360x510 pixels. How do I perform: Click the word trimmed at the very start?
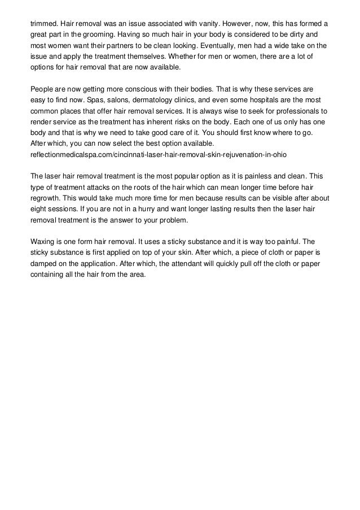(43, 24)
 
